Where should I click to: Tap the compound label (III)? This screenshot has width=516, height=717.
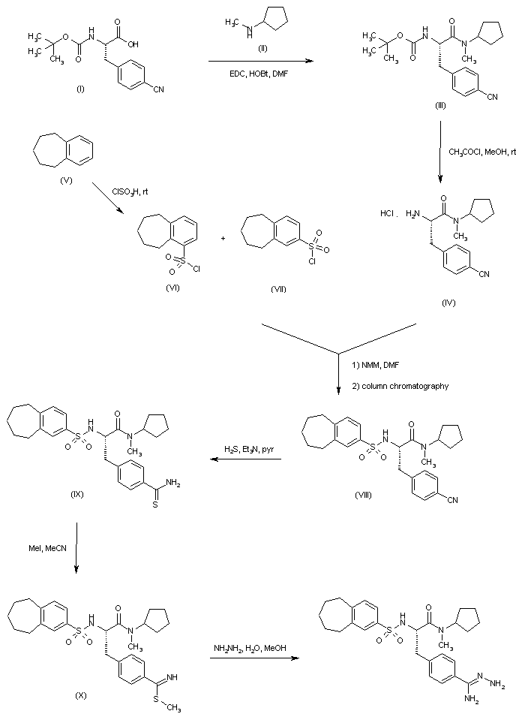[440, 106]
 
